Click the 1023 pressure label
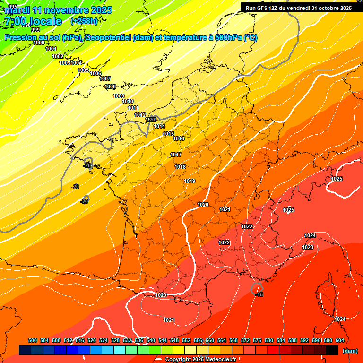pos(308,247)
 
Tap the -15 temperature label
pos(259,294)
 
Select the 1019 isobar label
pos(190,181)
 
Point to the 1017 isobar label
pos(176,155)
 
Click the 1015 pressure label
pos(168,134)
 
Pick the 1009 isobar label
pos(119,96)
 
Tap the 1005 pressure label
pos(83,70)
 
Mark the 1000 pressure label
pos(39,43)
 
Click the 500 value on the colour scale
pos(33,340)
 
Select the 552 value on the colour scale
pos(186,340)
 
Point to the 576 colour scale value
pos(257,340)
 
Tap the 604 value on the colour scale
pos(340,340)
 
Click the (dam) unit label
pos(350,351)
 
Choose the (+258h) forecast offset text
pos(84,21)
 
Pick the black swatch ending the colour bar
pos(332,350)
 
